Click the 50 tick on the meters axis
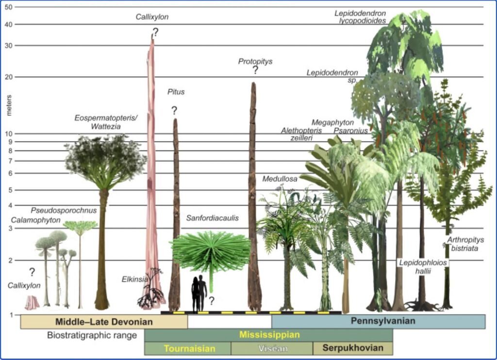click(9, 7)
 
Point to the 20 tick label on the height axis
click(9, 77)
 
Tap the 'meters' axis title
click(9, 105)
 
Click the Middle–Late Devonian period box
click(104, 322)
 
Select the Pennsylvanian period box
click(379, 321)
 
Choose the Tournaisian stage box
click(188, 348)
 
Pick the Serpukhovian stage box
click(353, 348)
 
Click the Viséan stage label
click(273, 348)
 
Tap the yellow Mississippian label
click(269, 335)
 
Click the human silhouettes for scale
click(199, 294)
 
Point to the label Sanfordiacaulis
click(213, 218)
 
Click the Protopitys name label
click(255, 62)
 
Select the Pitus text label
click(176, 92)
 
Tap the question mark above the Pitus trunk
click(174, 111)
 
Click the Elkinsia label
click(135, 279)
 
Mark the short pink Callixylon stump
click(32, 303)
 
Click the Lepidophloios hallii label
click(423, 267)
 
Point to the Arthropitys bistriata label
click(465, 244)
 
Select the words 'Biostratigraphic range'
click(92, 335)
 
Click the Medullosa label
click(280, 179)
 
